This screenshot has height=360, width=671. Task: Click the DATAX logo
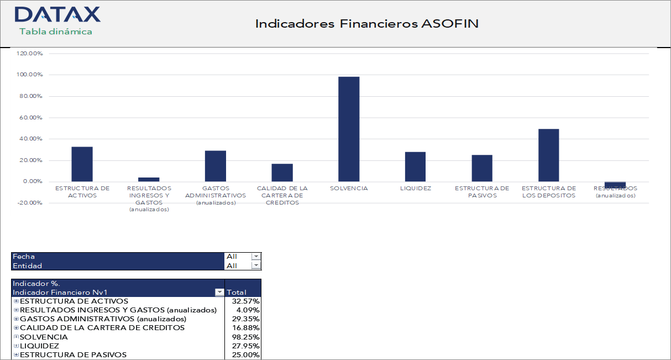coord(57,14)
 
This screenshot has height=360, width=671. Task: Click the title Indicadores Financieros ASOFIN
coord(366,24)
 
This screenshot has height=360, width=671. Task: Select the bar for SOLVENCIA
coord(349,129)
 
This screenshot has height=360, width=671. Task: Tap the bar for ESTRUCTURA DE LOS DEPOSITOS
coord(548,155)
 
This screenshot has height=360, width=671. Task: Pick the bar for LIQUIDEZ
coord(415,166)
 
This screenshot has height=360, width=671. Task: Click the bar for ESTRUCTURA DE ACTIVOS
coord(82,164)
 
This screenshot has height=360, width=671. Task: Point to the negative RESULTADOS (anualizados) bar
coord(615,185)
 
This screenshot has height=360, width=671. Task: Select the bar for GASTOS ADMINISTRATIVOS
coord(215,166)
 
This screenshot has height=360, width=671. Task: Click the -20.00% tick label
coord(29,203)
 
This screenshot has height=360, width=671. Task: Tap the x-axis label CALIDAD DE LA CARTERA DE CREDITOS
coord(282,195)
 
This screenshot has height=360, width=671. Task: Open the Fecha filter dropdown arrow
coord(255,257)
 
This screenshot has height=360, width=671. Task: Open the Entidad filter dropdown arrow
coord(255,265)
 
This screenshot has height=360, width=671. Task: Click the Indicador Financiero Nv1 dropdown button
coord(219,292)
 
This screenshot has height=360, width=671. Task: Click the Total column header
coord(237,292)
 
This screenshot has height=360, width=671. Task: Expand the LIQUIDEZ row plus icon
coord(16,346)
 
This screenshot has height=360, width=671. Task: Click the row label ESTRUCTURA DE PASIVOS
coord(73,355)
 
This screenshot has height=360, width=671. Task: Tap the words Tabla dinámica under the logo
coord(56,32)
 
